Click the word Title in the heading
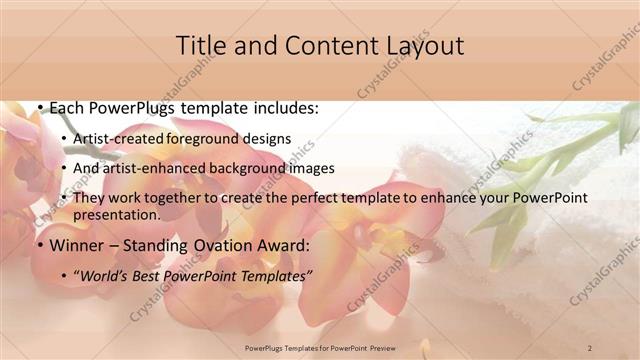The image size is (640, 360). (x=203, y=46)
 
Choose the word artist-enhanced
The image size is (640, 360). (x=152, y=168)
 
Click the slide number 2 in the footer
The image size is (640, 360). (x=591, y=348)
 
